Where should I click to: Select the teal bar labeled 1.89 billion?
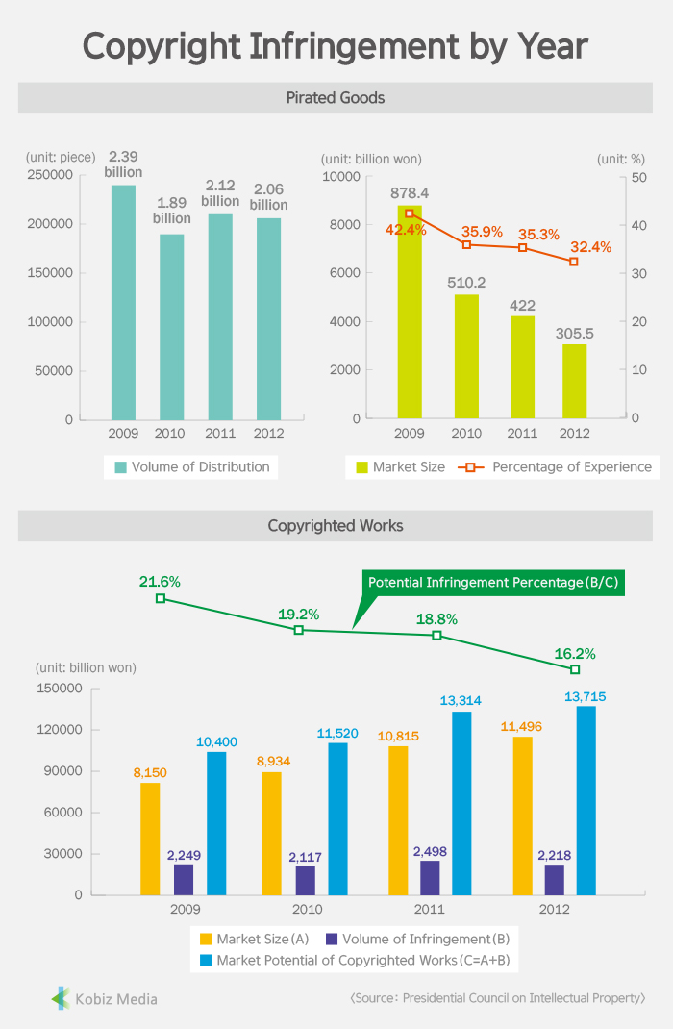click(171, 327)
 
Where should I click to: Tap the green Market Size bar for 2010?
click(466, 356)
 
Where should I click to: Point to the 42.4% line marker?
click(410, 213)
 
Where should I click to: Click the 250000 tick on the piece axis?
click(50, 175)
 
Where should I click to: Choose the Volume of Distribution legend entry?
click(192, 467)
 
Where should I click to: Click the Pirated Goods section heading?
click(336, 98)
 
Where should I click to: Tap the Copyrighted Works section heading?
click(336, 526)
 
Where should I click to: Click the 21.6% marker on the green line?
click(161, 598)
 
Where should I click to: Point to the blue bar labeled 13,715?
click(586, 800)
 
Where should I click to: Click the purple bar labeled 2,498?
click(430, 877)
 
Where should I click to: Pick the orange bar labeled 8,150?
click(150, 839)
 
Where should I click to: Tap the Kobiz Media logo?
click(104, 998)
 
